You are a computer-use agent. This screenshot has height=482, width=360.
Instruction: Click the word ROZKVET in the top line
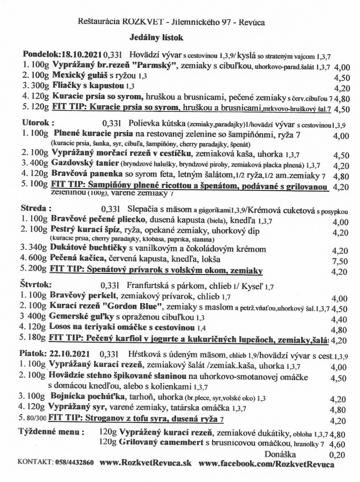point(132,21)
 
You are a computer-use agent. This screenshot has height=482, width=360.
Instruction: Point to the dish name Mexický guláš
point(77,75)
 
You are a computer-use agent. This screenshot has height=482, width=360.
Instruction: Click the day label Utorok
point(36,122)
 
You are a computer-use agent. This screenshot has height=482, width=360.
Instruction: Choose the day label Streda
point(35,208)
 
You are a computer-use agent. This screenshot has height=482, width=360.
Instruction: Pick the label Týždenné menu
point(51,431)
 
